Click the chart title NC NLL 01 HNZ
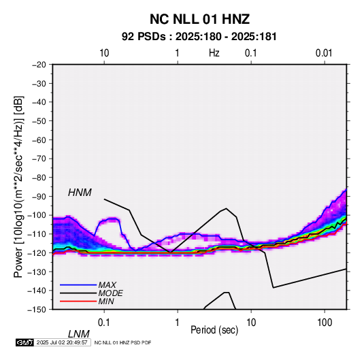(199, 19)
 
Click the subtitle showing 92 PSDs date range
(199, 37)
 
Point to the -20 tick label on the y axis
(39, 65)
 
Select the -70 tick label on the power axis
(39, 159)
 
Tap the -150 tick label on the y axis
(37, 310)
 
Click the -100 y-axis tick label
(37, 215)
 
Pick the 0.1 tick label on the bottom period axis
(104, 323)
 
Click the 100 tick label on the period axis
(325, 323)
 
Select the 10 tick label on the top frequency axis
(104, 53)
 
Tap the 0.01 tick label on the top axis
(324, 53)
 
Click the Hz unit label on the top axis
(214, 53)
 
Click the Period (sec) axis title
(214, 330)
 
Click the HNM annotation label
(80, 193)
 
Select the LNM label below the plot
(79, 334)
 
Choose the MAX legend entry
(107, 284)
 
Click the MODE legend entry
(110, 293)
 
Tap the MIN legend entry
(106, 301)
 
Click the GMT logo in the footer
(25, 342)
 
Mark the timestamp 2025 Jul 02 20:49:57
(62, 342)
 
